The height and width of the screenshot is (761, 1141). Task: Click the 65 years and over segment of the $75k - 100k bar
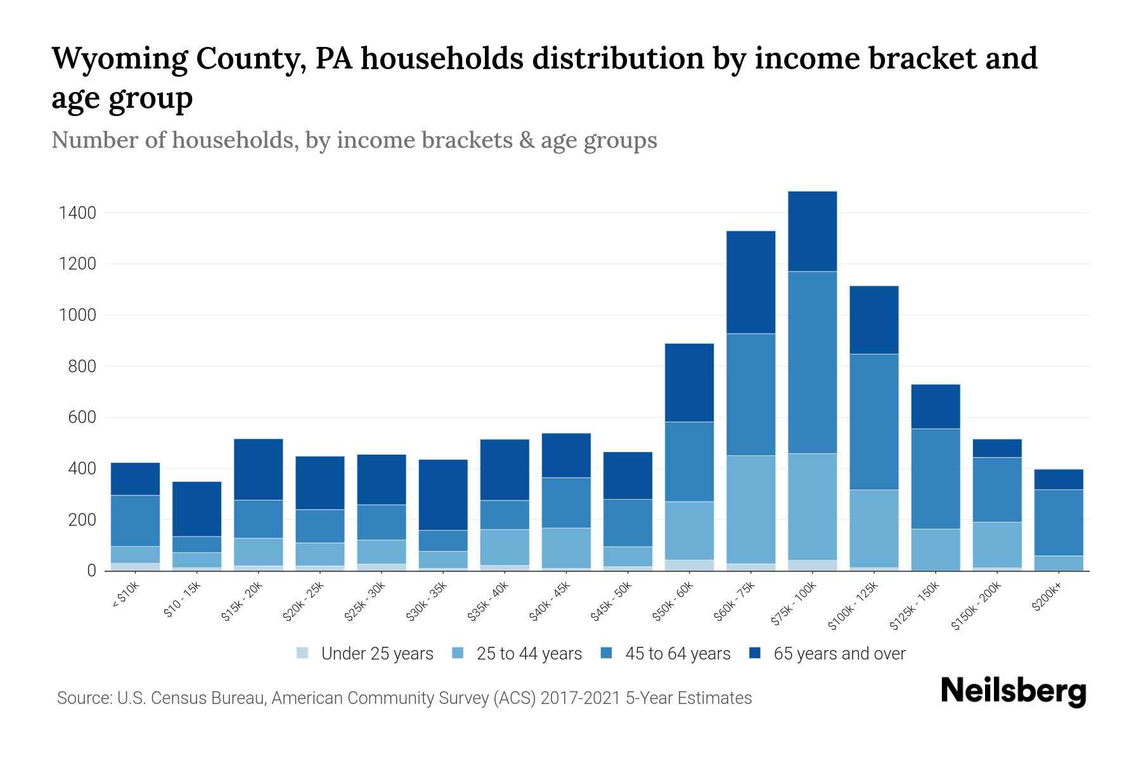coord(812,231)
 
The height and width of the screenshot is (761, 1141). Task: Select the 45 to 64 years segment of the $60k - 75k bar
coord(751,394)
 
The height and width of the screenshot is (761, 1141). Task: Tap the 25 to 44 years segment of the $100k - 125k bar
coord(873,528)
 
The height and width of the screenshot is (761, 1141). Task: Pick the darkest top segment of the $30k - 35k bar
coord(443,495)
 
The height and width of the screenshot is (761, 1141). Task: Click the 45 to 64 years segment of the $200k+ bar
coord(1058,523)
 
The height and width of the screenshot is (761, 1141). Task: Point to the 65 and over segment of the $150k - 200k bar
coord(996,448)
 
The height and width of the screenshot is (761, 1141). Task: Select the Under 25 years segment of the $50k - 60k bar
coord(689,565)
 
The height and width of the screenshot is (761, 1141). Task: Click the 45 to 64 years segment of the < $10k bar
coord(135,521)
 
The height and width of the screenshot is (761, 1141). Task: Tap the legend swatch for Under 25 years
coord(303,653)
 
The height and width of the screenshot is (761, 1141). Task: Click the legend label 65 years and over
coord(839,654)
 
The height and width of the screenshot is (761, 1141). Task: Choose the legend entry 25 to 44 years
coord(529,654)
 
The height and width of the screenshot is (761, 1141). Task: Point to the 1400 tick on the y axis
coord(77,213)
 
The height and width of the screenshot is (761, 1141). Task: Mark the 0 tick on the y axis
coord(91,571)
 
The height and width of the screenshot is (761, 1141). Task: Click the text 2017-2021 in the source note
coord(579,698)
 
